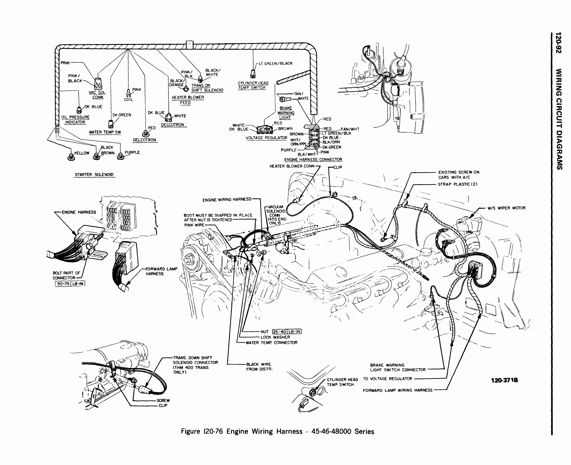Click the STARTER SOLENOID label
(94, 175)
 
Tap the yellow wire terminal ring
(71, 157)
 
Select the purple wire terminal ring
(121, 157)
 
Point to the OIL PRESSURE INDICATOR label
(75, 120)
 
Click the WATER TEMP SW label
(105, 132)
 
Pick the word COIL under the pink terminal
(128, 100)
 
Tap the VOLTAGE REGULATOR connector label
(266, 138)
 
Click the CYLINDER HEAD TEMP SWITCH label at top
(253, 85)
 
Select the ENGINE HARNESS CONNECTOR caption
(313, 160)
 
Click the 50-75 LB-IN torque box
(70, 284)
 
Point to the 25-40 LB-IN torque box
(287, 331)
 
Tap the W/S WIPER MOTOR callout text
(507, 208)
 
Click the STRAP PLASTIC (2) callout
(458, 184)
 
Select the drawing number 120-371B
(504, 380)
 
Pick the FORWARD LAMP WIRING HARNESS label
(398, 391)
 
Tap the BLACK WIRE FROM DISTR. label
(259, 367)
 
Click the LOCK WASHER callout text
(275, 337)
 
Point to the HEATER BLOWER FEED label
(187, 100)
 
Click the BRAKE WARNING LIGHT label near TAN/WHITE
(285, 113)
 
